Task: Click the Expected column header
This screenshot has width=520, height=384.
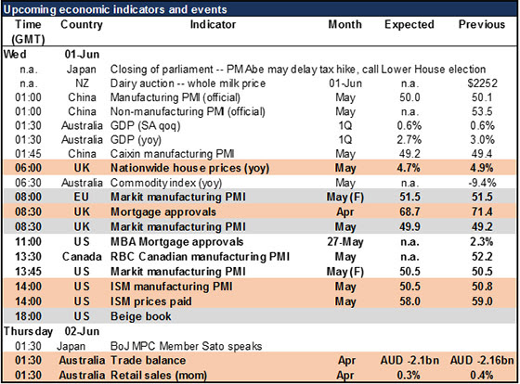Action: click(409, 24)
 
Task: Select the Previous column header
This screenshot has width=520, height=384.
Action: click(482, 24)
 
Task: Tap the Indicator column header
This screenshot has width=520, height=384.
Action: click(213, 24)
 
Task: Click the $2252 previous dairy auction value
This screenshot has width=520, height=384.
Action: click(482, 83)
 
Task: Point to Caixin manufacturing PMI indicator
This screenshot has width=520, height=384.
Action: click(173, 154)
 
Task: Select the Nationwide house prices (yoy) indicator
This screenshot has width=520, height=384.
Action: click(189, 168)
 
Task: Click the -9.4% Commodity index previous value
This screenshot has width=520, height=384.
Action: click(482, 183)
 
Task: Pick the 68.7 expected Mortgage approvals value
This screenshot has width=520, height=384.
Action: click(409, 211)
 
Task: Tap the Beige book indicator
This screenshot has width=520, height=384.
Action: click(141, 316)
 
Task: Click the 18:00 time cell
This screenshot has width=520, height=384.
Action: click(28, 316)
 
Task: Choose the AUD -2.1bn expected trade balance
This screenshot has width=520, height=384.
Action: click(409, 360)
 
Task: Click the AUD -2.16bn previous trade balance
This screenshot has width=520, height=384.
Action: click(482, 360)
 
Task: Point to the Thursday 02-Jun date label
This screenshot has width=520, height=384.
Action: click(51, 331)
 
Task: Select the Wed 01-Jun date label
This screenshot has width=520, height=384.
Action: click(51, 54)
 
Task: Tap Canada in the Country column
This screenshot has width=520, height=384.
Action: click(82, 257)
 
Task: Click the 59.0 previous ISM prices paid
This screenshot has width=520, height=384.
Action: click(482, 301)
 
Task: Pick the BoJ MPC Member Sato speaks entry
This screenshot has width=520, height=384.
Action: click(186, 346)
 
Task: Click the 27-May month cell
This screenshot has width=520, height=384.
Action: click(345, 242)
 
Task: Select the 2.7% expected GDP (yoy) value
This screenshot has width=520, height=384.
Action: click(409, 139)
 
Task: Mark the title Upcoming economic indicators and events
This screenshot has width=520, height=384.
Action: click(115, 9)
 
